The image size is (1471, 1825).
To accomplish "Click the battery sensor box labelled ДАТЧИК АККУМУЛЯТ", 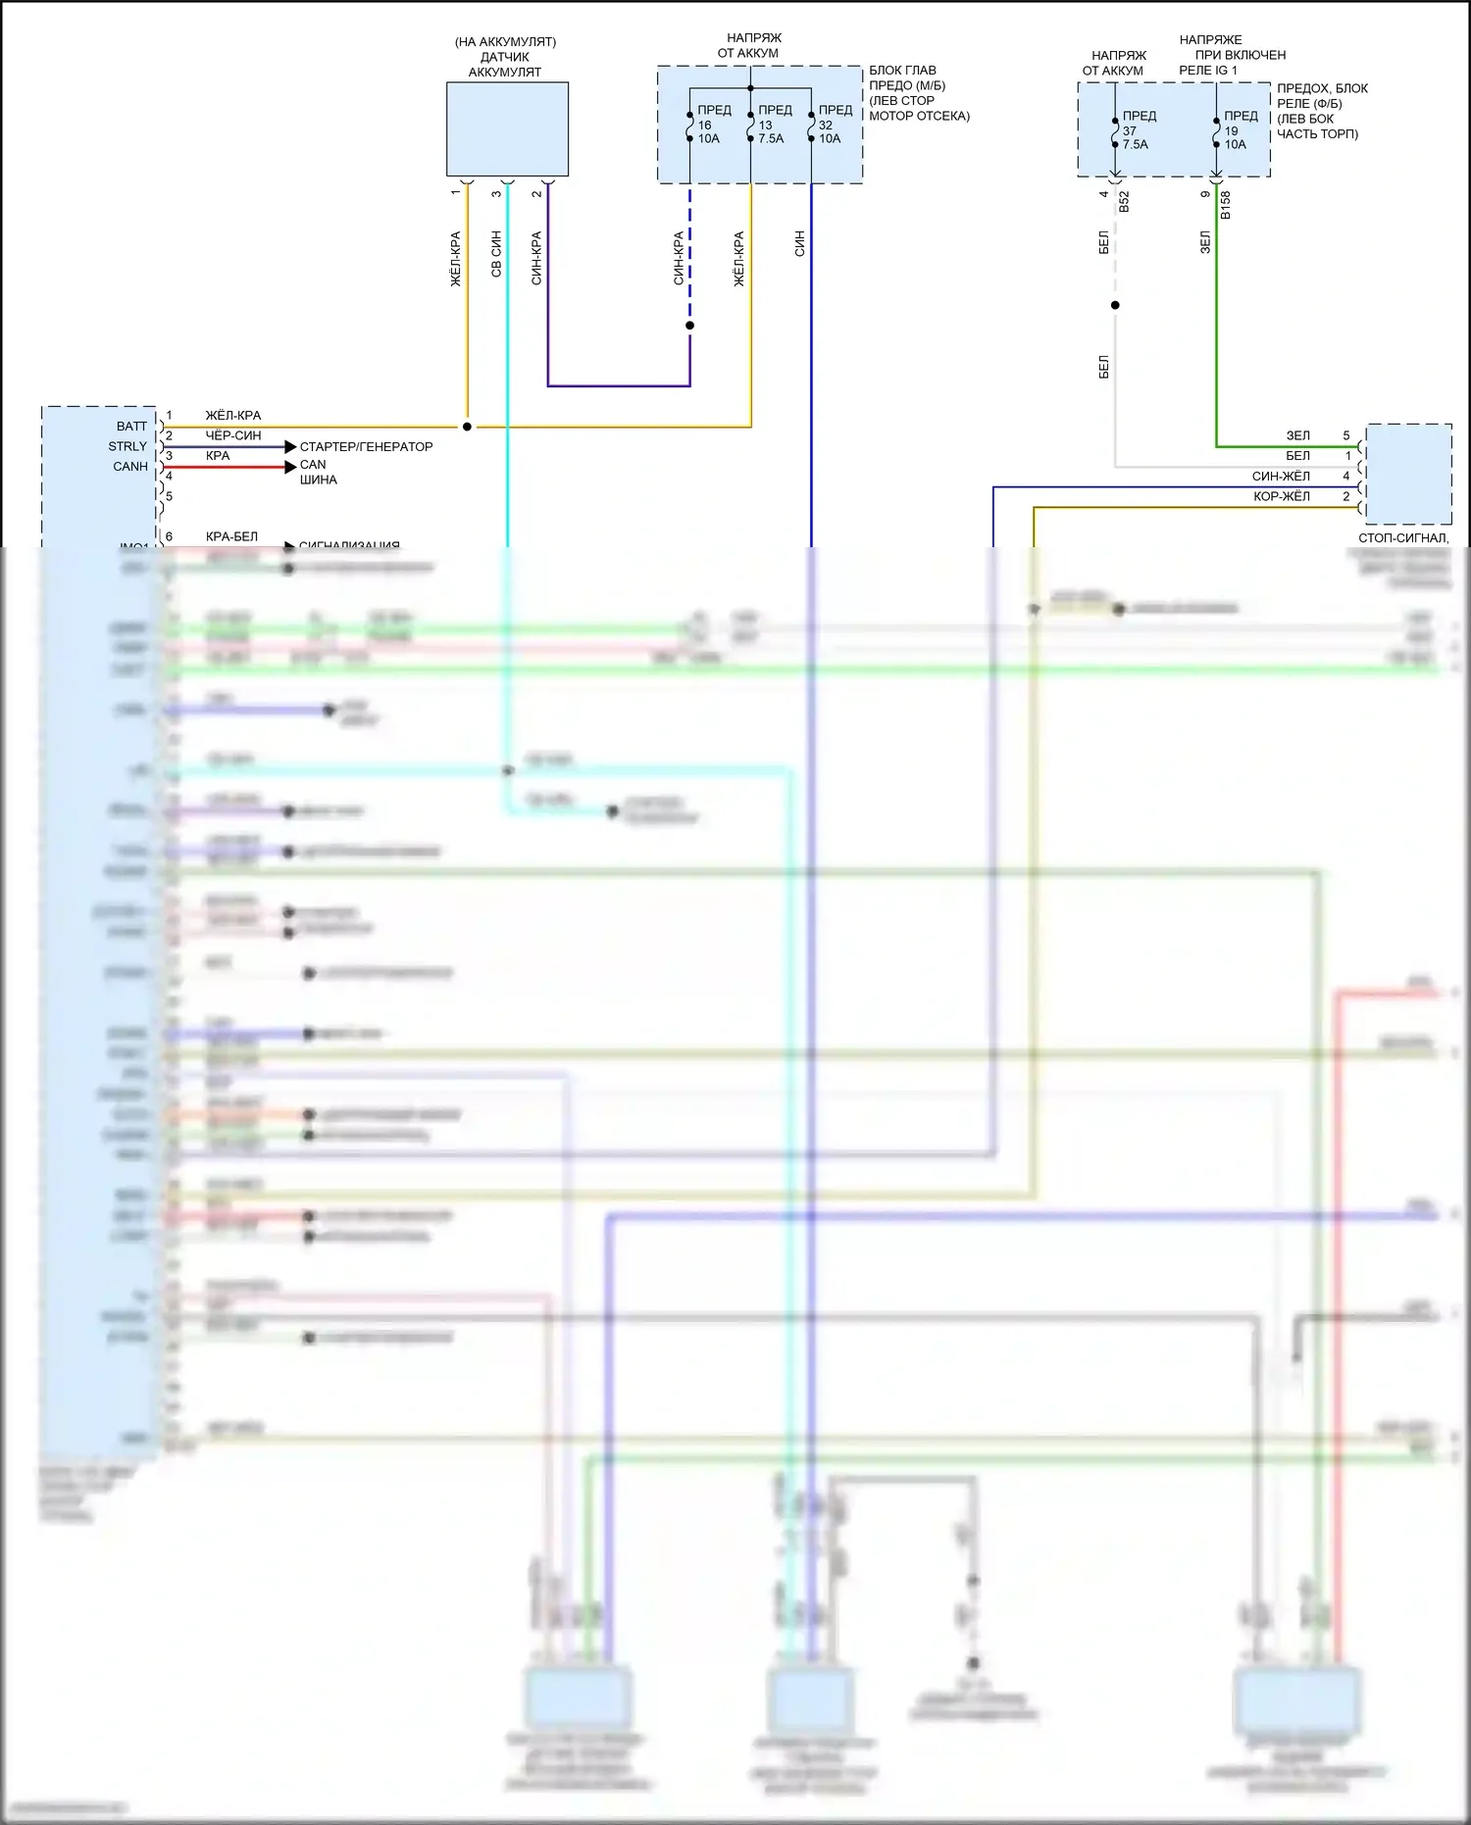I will pyautogui.click(x=507, y=128).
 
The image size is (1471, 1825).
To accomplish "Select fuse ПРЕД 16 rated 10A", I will pyautogui.click(x=691, y=126).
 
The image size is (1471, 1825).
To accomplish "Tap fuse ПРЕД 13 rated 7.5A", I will pyautogui.click(x=752, y=126).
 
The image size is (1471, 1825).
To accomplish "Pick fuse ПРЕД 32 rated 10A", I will pyautogui.click(x=812, y=126).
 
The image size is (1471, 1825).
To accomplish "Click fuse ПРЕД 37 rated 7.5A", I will pyautogui.click(x=1116, y=131).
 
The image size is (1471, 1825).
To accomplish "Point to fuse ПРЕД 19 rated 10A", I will pyautogui.click(x=1217, y=131).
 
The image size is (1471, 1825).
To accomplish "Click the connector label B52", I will pyautogui.click(x=1125, y=201).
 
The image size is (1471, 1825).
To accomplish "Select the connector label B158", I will pyautogui.click(x=1226, y=205).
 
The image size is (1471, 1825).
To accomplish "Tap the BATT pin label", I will pyautogui.click(x=131, y=427).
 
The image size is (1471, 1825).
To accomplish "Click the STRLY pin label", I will pyautogui.click(x=127, y=446).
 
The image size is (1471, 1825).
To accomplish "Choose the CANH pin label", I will pyautogui.click(x=130, y=467).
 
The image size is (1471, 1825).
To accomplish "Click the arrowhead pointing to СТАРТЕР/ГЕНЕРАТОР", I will pyautogui.click(x=290, y=447).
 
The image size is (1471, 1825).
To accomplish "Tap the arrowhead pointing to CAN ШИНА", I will pyautogui.click(x=290, y=467).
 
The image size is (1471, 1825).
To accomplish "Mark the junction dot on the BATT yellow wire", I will pyautogui.click(x=467, y=427).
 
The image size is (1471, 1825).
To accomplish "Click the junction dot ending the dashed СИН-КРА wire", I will pyautogui.click(x=690, y=326).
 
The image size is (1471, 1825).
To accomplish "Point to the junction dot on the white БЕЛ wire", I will pyautogui.click(x=1115, y=305).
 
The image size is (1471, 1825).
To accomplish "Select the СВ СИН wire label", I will pyautogui.click(x=496, y=254).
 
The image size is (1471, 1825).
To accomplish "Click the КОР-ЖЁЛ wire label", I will pyautogui.click(x=1281, y=496).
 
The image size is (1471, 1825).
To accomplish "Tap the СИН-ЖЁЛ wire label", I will pyautogui.click(x=1281, y=477).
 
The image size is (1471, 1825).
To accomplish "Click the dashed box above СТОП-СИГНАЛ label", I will pyautogui.click(x=1408, y=474).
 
